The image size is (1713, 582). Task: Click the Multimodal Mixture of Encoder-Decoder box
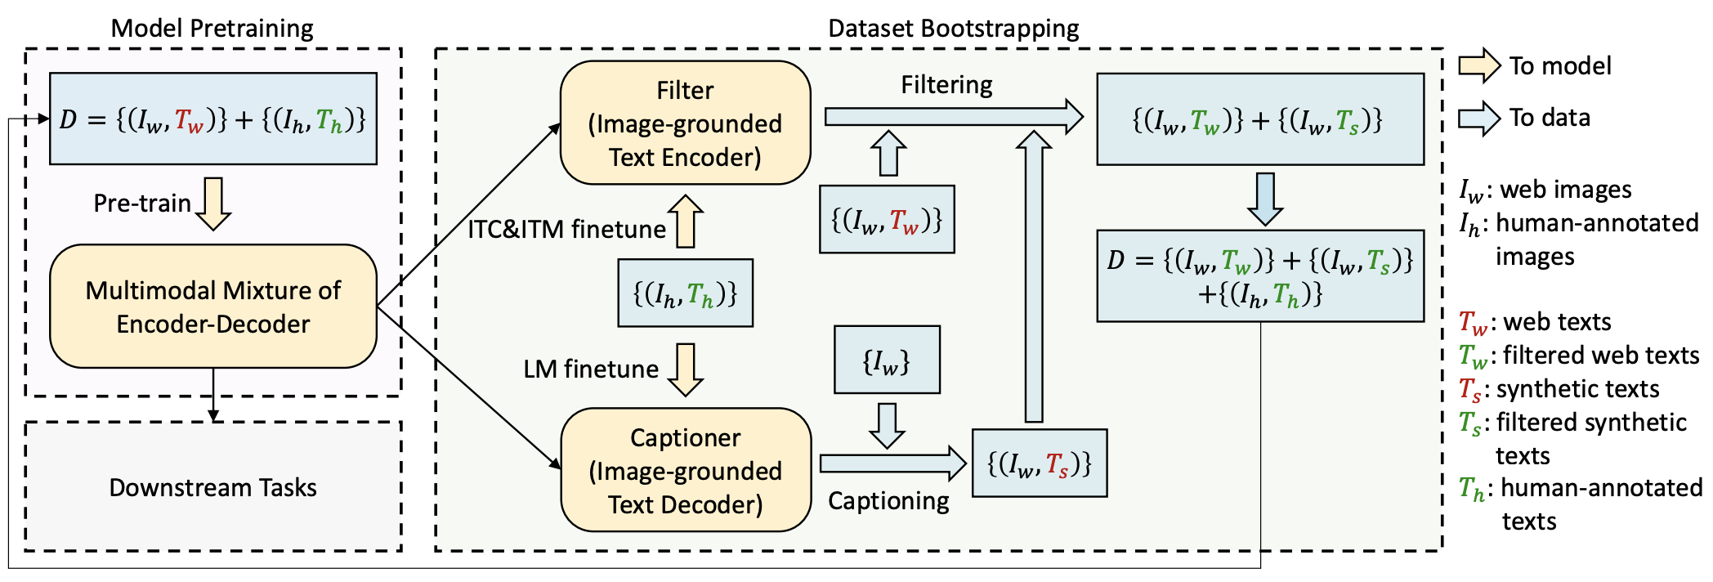click(x=213, y=307)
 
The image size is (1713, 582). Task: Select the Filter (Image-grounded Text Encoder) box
click(x=685, y=123)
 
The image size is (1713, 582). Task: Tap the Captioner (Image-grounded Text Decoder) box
click(x=685, y=470)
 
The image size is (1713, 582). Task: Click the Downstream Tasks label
click(x=212, y=487)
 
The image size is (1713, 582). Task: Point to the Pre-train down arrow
click(x=213, y=204)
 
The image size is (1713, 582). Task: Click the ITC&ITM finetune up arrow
click(x=686, y=221)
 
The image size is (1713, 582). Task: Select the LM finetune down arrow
click(x=686, y=369)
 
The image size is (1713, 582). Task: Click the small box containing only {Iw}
click(x=887, y=360)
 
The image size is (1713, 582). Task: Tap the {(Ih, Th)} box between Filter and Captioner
click(x=685, y=293)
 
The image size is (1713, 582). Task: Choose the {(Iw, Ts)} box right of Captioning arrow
click(x=1040, y=463)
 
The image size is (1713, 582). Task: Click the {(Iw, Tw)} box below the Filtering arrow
click(x=887, y=219)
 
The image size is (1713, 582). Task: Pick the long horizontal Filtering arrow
click(x=954, y=117)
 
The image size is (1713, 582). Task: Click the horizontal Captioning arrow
click(x=893, y=463)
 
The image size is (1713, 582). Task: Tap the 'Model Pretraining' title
click(x=212, y=28)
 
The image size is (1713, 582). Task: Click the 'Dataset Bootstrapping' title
click(x=954, y=28)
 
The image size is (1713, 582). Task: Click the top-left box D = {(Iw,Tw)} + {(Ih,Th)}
click(x=213, y=119)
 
